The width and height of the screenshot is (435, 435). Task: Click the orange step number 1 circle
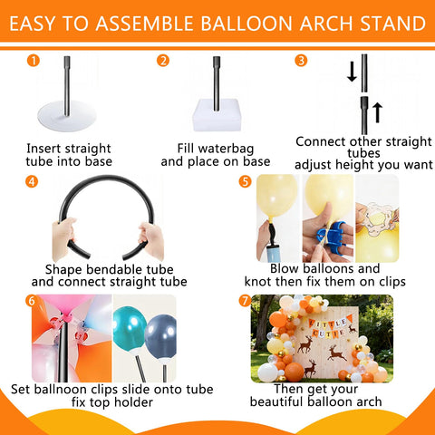click(x=34, y=61)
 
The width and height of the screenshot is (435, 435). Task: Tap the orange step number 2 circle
click(x=163, y=61)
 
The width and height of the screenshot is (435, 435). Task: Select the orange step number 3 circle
click(x=301, y=61)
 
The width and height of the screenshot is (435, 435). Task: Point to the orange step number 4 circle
click(x=32, y=181)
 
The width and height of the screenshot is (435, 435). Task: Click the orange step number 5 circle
click(x=245, y=181)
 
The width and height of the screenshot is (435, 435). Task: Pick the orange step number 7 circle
click(x=245, y=301)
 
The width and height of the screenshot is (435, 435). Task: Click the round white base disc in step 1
click(x=67, y=116)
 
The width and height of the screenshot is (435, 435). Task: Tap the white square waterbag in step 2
click(x=217, y=116)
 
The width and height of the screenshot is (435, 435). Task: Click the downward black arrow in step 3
click(x=352, y=72)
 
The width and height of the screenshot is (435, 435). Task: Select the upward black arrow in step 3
click(x=377, y=112)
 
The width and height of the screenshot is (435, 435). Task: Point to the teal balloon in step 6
click(x=130, y=328)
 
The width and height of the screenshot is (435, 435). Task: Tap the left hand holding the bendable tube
click(x=63, y=238)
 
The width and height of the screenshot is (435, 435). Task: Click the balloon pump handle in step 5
click(x=270, y=233)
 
